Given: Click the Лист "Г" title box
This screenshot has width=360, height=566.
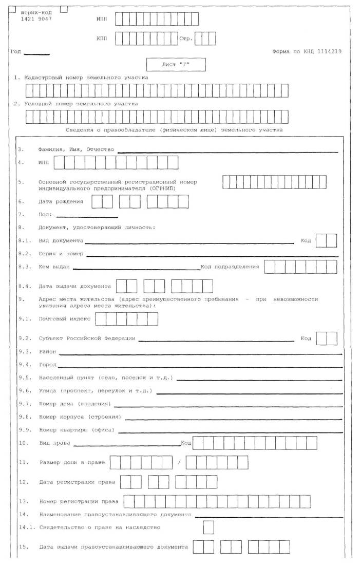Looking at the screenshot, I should (x=176, y=65).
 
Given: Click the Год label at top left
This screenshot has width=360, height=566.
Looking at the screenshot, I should (x=15, y=51).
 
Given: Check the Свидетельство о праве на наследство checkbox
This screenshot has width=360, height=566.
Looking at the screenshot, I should (x=209, y=527).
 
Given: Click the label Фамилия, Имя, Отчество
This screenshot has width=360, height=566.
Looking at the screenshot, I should (x=76, y=149).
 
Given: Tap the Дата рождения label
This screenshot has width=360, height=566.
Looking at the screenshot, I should (x=61, y=201).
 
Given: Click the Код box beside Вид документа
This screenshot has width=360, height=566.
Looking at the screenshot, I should (x=327, y=240).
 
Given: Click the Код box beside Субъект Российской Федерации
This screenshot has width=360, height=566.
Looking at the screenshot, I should (x=327, y=338).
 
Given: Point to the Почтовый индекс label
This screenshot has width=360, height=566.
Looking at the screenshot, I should (x=65, y=318).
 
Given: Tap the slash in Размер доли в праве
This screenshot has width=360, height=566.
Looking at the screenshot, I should (x=179, y=462).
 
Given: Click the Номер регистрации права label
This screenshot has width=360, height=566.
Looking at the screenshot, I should (x=79, y=501).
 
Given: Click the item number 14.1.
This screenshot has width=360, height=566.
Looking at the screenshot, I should (x=25, y=527).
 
